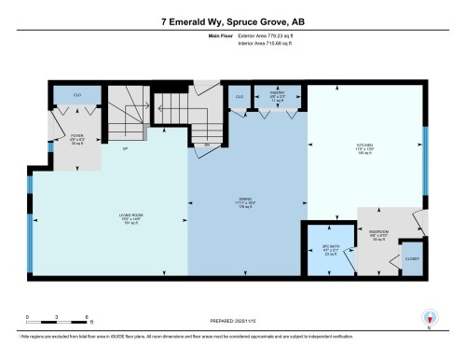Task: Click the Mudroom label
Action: pyautogui.click(x=377, y=236)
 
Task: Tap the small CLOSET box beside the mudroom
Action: pyautogui.click(x=411, y=257)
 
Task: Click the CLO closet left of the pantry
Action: pyautogui.click(x=240, y=96)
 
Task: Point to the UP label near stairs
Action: pyautogui.click(x=124, y=148)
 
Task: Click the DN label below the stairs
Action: pyautogui.click(x=206, y=145)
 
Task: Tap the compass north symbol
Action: pyautogui.click(x=430, y=318)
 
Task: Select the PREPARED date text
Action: pyautogui.click(x=233, y=318)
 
